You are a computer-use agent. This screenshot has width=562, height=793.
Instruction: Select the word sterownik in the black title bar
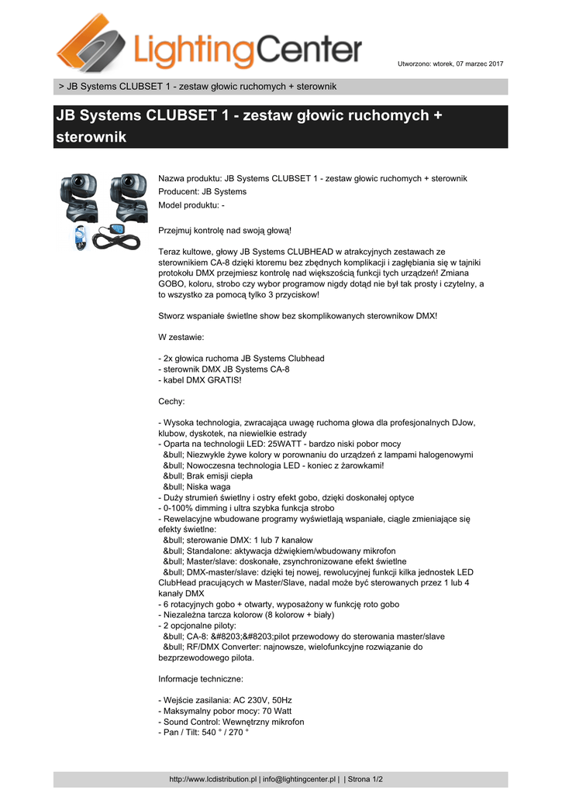pyautogui.click(x=91, y=137)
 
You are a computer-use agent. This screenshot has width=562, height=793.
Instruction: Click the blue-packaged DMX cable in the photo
pyautogui.click(x=80, y=236)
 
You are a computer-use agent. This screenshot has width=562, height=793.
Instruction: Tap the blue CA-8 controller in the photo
pyautogui.click(x=116, y=231)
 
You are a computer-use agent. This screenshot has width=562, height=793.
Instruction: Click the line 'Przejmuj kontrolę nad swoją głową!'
pyautogui.click(x=225, y=230)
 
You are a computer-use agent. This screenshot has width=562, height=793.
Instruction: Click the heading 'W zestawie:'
pyautogui.click(x=181, y=337)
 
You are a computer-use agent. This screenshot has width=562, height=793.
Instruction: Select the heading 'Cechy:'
pyautogui.click(x=171, y=401)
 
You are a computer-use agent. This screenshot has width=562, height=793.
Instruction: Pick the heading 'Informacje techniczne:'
pyautogui.click(x=201, y=679)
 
